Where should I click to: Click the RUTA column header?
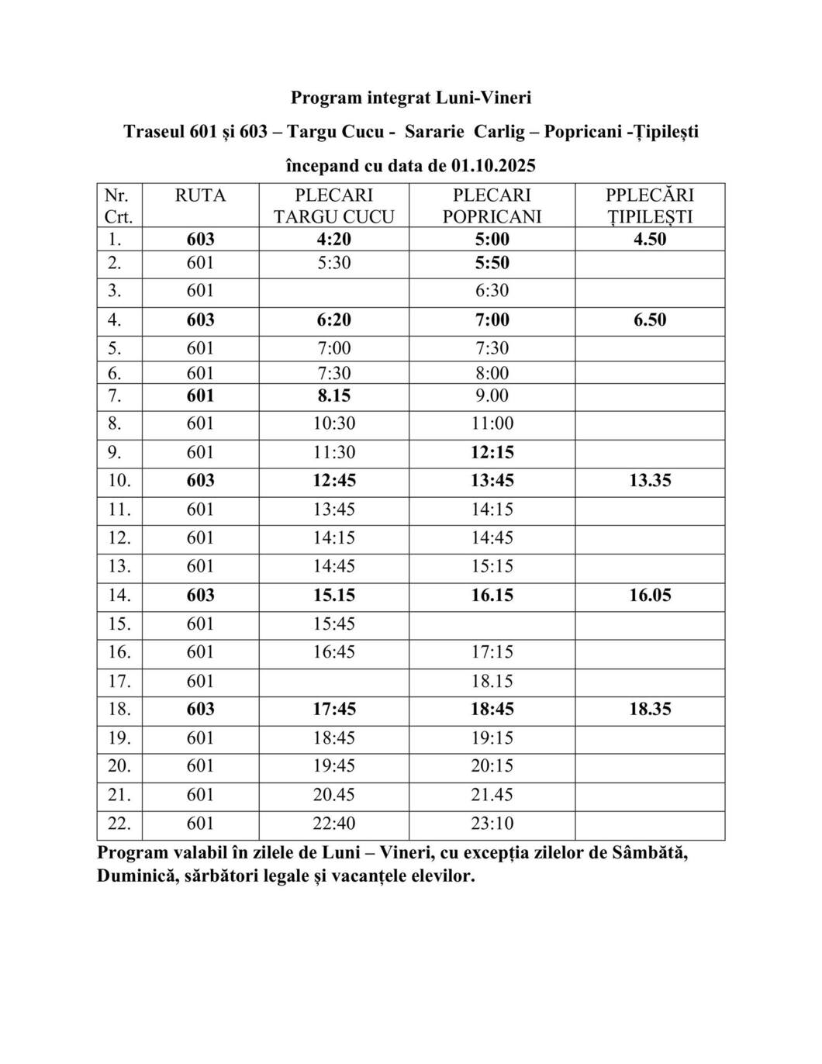(x=200, y=195)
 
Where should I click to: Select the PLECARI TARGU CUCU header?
(x=333, y=206)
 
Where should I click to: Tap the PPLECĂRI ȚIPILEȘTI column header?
(x=650, y=206)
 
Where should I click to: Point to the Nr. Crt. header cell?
(x=119, y=206)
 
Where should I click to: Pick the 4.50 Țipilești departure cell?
(x=650, y=239)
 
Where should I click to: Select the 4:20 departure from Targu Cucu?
(x=333, y=239)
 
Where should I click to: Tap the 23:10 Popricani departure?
(x=492, y=824)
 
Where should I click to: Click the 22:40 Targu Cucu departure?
(x=333, y=824)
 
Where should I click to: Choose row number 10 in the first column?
(x=119, y=481)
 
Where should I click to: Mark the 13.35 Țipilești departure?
(x=650, y=481)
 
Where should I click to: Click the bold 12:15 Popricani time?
(x=492, y=452)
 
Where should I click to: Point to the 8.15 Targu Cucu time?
(x=333, y=396)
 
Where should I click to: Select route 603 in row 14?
(x=200, y=596)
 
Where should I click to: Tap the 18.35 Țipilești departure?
(x=650, y=709)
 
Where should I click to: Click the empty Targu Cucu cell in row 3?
(x=333, y=291)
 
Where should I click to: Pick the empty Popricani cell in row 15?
(x=492, y=624)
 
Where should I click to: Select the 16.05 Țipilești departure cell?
(x=650, y=596)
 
